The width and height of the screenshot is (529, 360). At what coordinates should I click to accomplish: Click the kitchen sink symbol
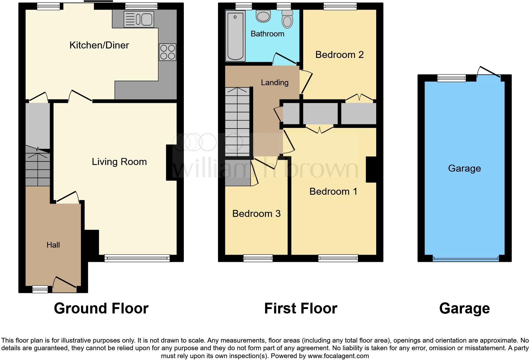click(139, 19)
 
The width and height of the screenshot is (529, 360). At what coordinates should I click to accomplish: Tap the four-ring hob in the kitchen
click(168, 52)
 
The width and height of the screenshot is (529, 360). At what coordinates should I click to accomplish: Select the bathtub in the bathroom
click(235, 35)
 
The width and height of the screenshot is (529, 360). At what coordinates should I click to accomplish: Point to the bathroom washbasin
click(263, 16)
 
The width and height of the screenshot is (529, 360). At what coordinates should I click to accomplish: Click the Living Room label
click(119, 162)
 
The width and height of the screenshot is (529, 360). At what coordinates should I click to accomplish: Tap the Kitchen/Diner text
click(99, 45)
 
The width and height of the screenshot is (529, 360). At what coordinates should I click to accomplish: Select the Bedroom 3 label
click(256, 214)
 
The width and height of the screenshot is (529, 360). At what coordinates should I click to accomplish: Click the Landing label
click(275, 83)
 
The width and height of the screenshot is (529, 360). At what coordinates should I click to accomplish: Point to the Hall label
click(53, 245)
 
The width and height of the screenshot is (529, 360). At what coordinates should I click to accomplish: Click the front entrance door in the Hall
click(65, 284)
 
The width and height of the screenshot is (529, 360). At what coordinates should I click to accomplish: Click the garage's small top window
click(451, 78)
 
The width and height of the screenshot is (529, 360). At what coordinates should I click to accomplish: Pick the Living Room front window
click(137, 259)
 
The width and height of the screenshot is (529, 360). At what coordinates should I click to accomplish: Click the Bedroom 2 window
click(340, 6)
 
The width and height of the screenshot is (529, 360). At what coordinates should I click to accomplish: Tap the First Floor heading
click(301, 308)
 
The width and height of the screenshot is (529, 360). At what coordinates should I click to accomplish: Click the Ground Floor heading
click(101, 308)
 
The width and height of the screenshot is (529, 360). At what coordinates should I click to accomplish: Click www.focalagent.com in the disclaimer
click(338, 356)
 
